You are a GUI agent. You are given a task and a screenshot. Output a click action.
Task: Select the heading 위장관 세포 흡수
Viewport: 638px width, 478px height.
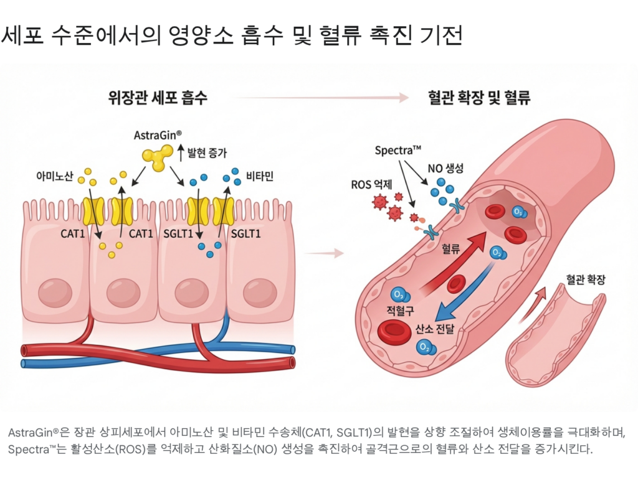click(x=158, y=98)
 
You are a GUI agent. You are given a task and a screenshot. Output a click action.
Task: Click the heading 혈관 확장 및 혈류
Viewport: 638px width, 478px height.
click(x=479, y=98)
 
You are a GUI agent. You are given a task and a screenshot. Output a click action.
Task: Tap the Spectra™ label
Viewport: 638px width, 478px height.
click(x=398, y=151)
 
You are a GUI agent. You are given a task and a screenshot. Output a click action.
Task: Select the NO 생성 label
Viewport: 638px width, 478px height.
click(x=445, y=168)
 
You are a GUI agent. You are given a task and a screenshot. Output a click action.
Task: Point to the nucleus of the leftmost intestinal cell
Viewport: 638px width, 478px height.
click(x=55, y=292)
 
